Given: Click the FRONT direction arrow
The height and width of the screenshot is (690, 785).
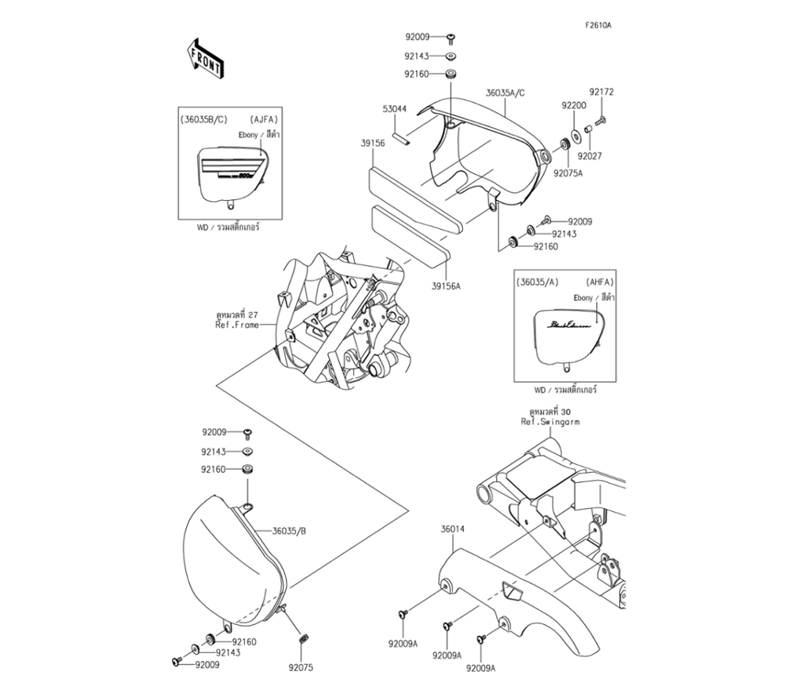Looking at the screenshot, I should (x=205, y=60).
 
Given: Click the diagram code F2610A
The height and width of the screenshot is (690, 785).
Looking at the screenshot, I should (x=597, y=25).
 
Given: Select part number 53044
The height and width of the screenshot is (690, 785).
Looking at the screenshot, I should (x=394, y=109).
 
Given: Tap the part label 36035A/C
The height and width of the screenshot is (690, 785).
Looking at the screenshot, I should (x=505, y=93).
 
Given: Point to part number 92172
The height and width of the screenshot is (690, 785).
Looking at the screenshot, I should (x=602, y=92).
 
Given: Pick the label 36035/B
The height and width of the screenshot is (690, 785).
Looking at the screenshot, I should (x=289, y=531).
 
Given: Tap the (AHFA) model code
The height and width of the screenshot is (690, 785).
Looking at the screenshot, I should (x=599, y=281).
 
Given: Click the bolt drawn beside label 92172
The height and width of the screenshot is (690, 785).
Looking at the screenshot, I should (x=601, y=121).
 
